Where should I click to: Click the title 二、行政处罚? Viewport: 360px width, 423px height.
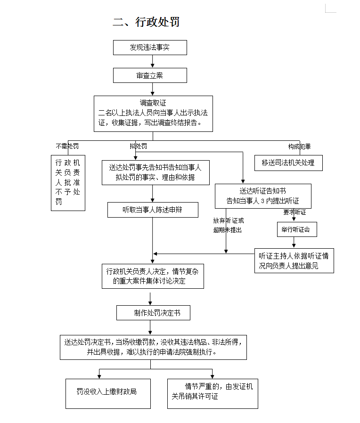click(146, 22)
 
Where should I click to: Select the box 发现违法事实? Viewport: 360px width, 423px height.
click(150, 48)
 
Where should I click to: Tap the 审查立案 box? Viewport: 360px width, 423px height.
click(150, 75)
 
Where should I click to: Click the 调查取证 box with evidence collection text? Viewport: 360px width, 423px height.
click(153, 114)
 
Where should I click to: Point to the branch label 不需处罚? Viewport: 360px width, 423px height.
click(67, 146)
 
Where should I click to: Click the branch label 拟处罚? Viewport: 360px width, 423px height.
click(139, 146)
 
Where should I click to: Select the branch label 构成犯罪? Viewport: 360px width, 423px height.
click(300, 146)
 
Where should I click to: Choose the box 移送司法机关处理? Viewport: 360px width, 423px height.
click(288, 163)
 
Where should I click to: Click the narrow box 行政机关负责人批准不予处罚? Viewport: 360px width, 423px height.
click(68, 183)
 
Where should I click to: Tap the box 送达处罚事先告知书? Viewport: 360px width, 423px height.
click(155, 172)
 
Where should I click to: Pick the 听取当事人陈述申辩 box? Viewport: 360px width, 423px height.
click(153, 210)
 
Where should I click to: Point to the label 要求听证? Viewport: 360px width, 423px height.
click(295, 212)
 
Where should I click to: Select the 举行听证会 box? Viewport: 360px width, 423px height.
click(296, 229)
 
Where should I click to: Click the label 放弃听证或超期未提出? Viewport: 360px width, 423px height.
click(228, 225)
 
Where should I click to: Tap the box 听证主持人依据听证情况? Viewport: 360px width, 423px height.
click(294, 260)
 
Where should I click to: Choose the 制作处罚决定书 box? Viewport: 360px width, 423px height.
click(153, 313)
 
